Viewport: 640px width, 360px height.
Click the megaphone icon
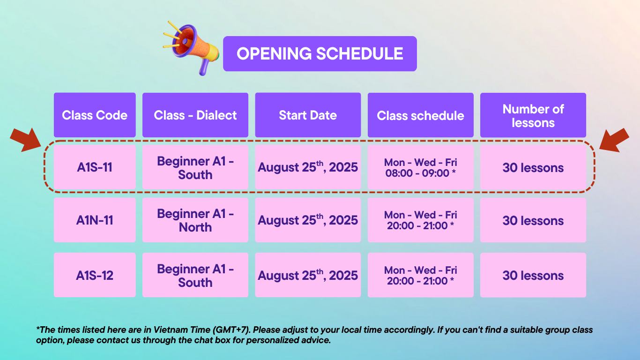click(x=191, y=48)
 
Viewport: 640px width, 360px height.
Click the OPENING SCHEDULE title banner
click(x=320, y=54)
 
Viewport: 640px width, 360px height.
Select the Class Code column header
click(x=95, y=115)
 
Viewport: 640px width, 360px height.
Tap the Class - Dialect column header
click(x=195, y=115)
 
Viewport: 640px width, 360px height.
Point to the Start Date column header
click(x=308, y=115)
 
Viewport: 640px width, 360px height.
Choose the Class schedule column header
click(x=420, y=115)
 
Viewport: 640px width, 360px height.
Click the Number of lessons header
click(x=533, y=115)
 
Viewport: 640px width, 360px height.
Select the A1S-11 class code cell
click(x=95, y=167)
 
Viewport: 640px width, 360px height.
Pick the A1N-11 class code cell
click(x=95, y=220)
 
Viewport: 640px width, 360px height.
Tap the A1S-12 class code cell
click(x=95, y=275)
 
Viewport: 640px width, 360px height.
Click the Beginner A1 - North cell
click(x=195, y=220)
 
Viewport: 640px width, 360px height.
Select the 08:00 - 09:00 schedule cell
click(x=420, y=167)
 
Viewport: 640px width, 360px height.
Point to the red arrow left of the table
click(x=26, y=140)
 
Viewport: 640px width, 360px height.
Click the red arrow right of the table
click(x=614, y=140)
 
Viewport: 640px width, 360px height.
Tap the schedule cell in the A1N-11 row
click(x=420, y=220)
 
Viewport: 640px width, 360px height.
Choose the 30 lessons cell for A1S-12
click(x=533, y=275)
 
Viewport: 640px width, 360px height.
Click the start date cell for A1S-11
click(x=308, y=167)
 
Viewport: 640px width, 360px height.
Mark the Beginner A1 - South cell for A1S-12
click(x=195, y=275)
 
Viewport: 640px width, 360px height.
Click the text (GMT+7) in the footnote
click(x=231, y=330)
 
